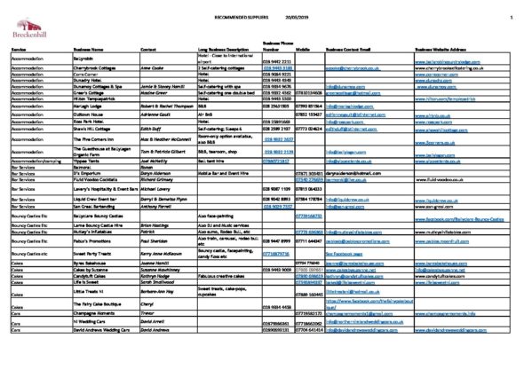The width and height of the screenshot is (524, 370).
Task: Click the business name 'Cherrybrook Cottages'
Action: (x=99, y=68)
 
